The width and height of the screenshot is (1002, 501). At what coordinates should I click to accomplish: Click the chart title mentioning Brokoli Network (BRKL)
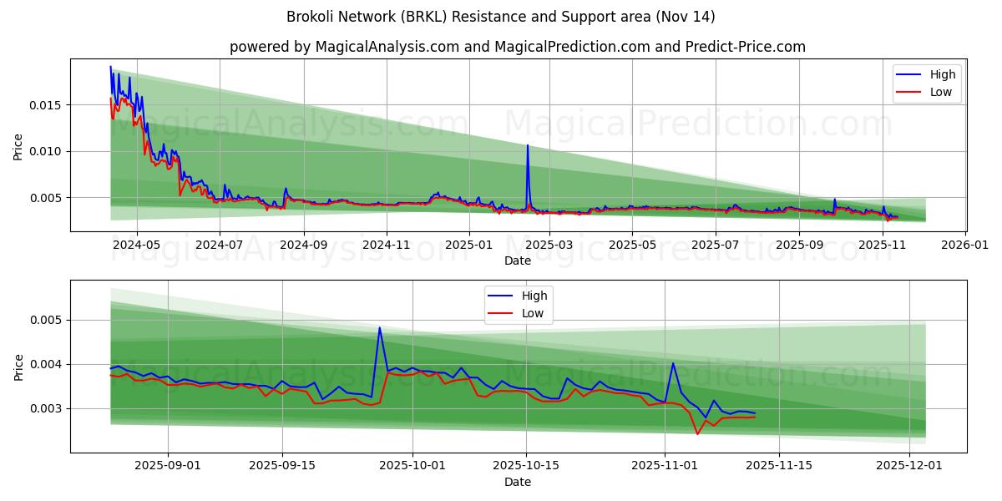point(501,17)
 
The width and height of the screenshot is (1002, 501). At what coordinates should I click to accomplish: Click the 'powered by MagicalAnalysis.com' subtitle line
point(518,47)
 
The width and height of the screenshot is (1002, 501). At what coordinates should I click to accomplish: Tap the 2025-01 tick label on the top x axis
point(468,245)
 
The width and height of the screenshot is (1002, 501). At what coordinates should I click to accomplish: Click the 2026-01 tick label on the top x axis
point(965,245)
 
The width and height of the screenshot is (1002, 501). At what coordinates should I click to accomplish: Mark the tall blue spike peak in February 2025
point(527,145)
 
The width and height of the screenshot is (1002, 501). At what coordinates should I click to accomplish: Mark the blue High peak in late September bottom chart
point(379,327)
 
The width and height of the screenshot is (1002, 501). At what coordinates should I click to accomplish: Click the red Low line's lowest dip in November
point(697,434)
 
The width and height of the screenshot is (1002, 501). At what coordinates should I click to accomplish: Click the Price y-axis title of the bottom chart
point(18,367)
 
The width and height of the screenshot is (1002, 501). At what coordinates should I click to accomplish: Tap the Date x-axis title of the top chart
point(518,261)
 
